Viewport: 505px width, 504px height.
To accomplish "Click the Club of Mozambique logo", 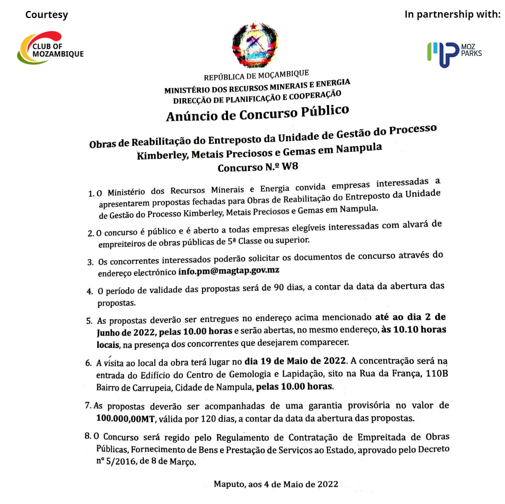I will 50,48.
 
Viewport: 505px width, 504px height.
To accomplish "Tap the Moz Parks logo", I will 454,53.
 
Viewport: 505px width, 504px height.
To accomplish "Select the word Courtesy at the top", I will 46,15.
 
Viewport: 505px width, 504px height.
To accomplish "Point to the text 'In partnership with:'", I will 452,14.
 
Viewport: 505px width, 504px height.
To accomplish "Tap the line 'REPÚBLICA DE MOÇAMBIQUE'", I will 256,76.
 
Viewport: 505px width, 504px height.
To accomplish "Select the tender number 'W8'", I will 290,166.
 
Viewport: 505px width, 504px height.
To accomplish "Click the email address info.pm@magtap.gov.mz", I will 229,271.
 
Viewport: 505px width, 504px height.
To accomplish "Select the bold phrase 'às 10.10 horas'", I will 414,330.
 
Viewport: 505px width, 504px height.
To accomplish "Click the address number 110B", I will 437,373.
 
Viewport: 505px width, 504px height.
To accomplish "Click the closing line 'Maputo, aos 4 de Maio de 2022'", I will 276,484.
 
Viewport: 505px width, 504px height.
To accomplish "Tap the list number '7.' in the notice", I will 88,406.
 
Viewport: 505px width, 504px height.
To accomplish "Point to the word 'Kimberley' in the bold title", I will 162,155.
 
